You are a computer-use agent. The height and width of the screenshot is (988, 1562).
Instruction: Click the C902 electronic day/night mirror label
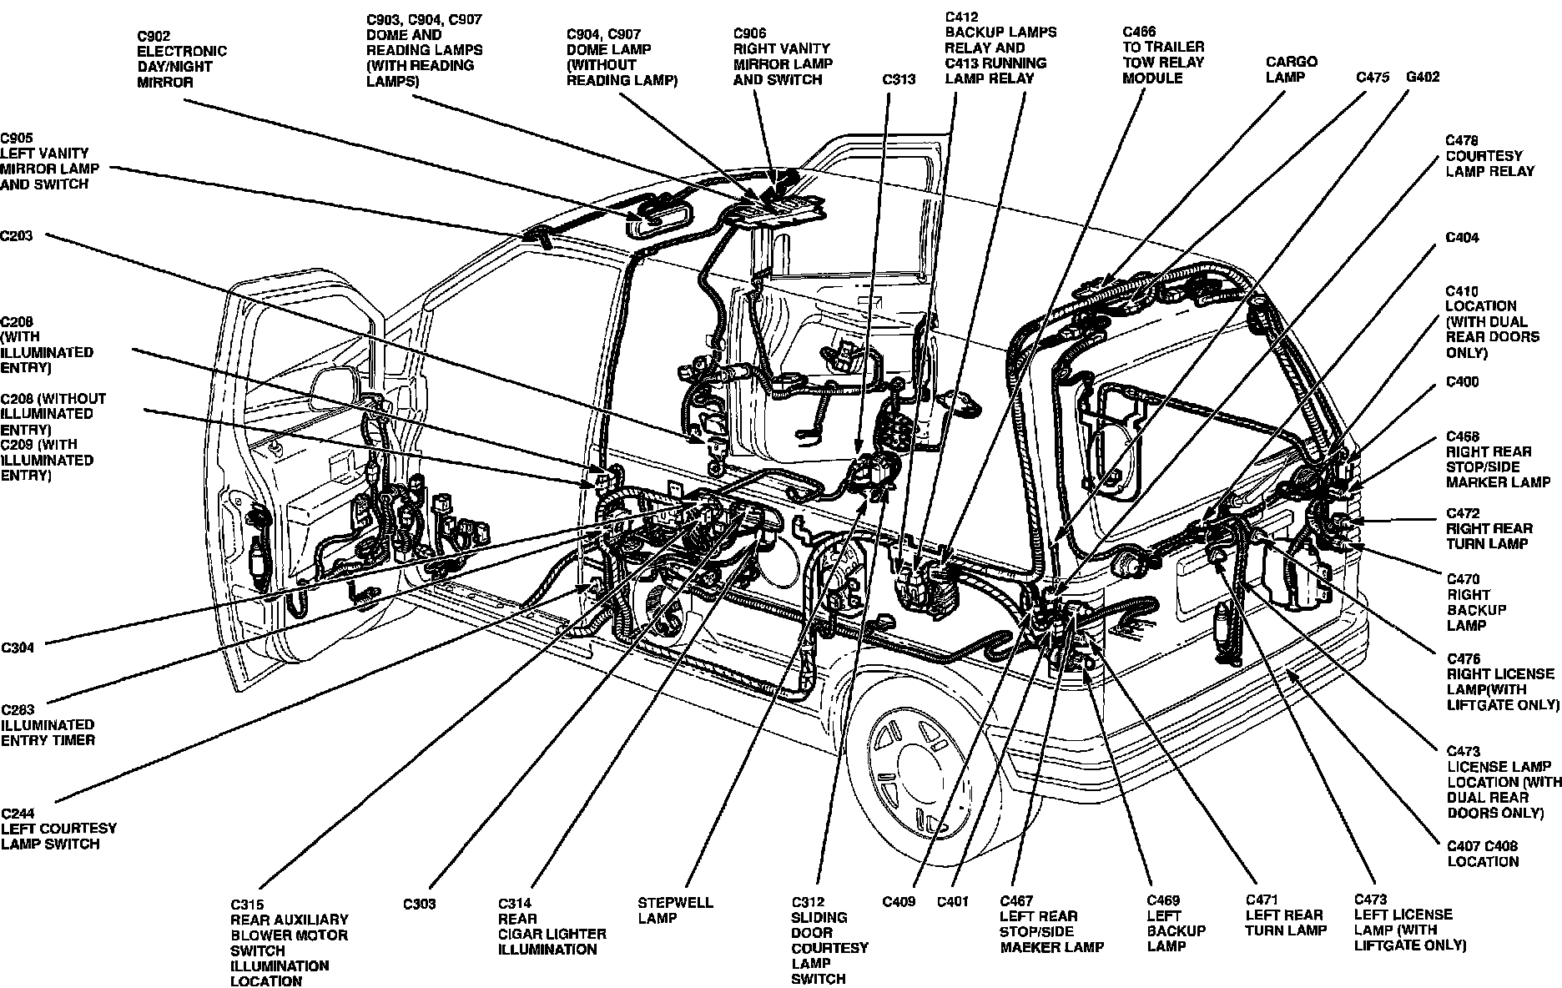tap(181, 59)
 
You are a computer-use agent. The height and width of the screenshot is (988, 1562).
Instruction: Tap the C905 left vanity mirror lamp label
tap(49, 161)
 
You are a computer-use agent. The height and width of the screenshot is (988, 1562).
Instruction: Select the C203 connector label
tap(17, 236)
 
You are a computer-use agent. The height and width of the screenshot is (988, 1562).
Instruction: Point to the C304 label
tap(17, 648)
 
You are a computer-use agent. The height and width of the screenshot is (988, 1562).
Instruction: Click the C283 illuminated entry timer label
tap(48, 724)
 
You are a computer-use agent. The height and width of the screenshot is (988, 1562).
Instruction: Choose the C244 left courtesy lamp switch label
tap(58, 829)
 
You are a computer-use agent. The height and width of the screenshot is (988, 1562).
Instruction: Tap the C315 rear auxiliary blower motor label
tap(289, 942)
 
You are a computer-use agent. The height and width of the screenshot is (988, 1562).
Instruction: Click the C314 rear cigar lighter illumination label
tap(552, 926)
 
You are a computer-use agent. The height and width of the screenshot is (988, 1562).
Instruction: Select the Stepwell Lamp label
tap(676, 910)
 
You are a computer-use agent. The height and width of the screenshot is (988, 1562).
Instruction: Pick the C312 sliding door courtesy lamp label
tap(829, 940)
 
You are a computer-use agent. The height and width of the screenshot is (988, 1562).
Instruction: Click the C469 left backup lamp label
tap(1176, 923)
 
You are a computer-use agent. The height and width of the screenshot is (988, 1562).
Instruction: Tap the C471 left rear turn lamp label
tap(1285, 915)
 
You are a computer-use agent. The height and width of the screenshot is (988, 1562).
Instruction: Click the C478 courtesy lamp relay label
tap(1489, 156)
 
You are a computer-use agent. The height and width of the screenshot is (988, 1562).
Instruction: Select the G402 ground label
tap(1423, 78)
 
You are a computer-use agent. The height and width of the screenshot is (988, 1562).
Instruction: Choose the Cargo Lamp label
tap(1291, 69)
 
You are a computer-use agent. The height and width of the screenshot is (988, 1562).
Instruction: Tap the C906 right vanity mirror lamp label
tap(782, 57)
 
